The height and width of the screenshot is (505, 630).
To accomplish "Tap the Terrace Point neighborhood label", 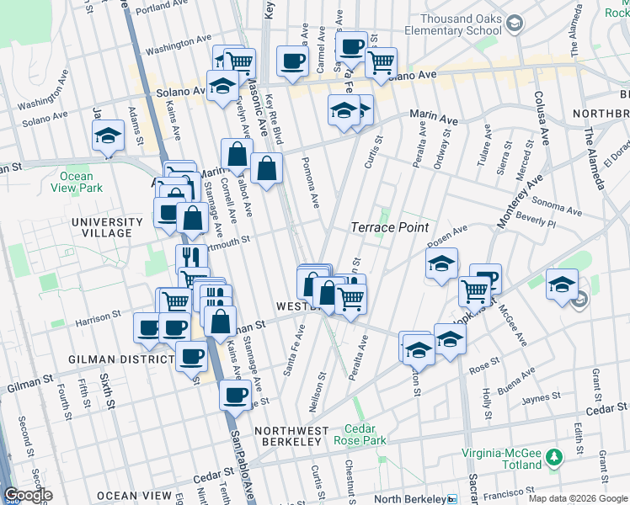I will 389,228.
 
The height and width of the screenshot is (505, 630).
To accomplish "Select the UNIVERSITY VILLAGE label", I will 113,227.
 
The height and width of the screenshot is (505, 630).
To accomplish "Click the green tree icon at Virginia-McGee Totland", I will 553,458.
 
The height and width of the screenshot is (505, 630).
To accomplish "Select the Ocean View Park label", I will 76,183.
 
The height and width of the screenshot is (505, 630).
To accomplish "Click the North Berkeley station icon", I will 452,497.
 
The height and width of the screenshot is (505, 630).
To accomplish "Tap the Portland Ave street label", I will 171,11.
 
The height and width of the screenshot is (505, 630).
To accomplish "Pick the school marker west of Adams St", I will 108,136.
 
